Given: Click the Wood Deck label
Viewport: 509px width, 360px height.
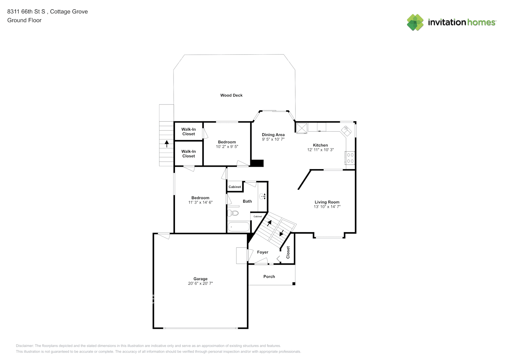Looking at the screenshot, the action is pos(231,95).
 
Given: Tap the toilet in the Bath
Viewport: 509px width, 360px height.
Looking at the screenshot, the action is pos(233,213).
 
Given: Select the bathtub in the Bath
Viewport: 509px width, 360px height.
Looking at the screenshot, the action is pos(239,226).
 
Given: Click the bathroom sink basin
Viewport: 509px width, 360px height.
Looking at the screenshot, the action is pos(262,196).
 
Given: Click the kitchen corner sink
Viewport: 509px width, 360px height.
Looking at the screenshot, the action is pos(346,131).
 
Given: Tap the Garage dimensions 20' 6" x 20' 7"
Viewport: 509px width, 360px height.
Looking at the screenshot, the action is pos(201,283).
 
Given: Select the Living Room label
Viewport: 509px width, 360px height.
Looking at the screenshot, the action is pos(327,202).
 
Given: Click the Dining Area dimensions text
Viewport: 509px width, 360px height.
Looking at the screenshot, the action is pos(273,139).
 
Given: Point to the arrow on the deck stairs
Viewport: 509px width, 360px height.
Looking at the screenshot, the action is pos(167,144).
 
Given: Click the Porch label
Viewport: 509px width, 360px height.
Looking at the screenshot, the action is pos(269,276).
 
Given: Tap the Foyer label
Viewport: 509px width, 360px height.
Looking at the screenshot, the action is pos(263,252).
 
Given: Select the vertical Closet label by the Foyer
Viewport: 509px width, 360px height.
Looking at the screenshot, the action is pos(288,252).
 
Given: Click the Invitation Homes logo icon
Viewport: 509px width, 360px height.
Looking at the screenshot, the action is pos(415,22).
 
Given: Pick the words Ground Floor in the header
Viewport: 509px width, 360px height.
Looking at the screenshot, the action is pos(24,20).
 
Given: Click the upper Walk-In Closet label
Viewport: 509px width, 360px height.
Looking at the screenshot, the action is pos(189,132).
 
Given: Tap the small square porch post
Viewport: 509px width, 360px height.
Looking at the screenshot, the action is pos(294,284).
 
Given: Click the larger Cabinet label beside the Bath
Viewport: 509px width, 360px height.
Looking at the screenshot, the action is pos(235,187).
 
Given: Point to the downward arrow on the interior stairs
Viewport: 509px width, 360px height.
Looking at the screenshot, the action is pos(282,233).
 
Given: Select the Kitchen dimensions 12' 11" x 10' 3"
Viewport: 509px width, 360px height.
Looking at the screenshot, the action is pos(320,149).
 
